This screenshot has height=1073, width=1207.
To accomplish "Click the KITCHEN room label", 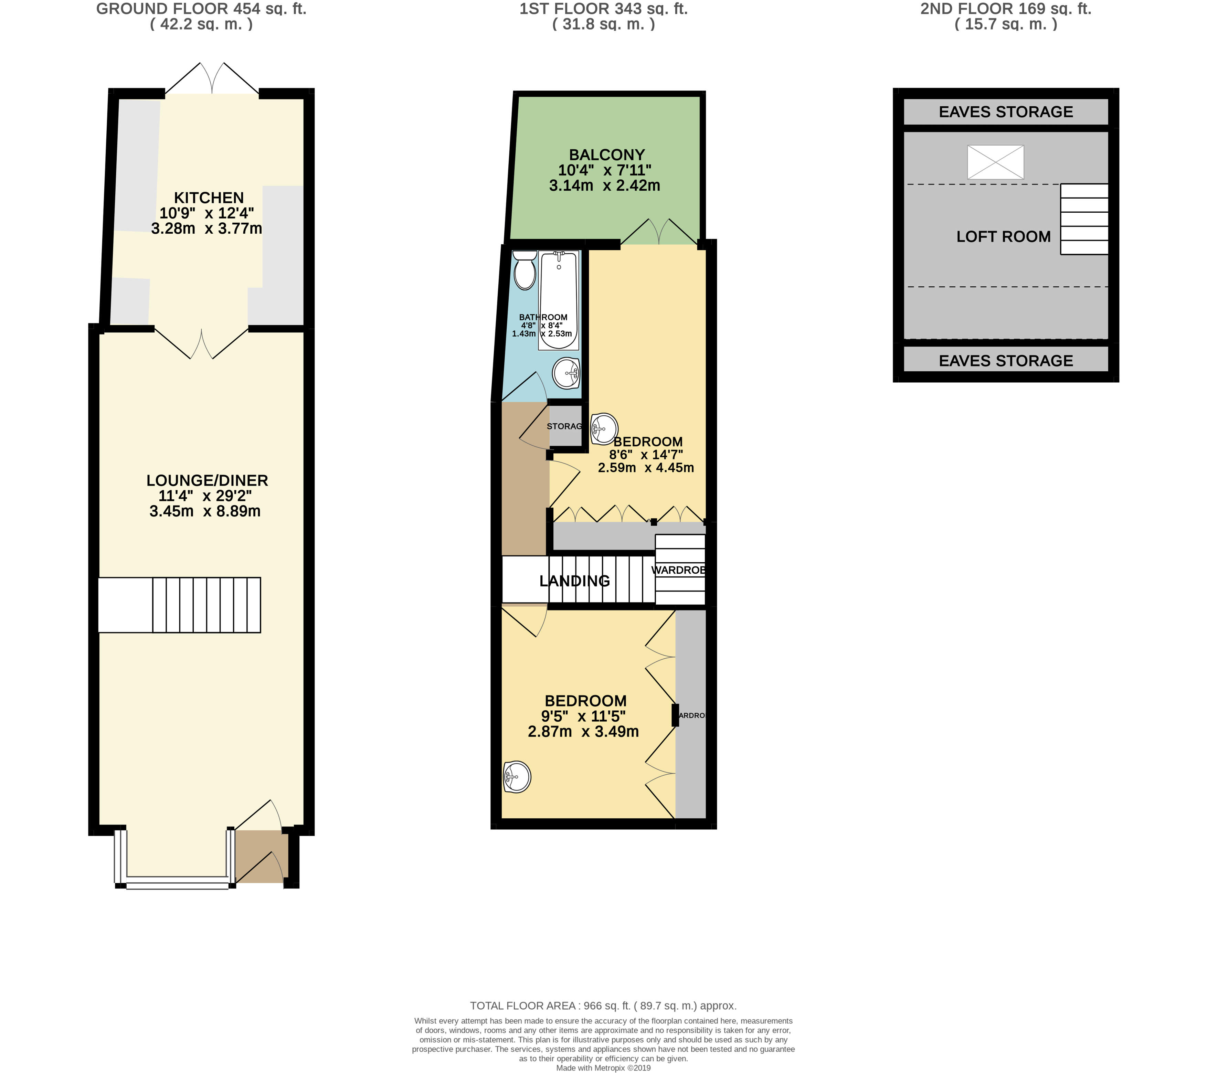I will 209,198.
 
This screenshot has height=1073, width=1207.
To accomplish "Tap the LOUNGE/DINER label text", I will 207,481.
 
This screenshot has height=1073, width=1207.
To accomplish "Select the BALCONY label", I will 606,155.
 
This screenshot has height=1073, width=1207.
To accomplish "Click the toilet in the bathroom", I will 525,270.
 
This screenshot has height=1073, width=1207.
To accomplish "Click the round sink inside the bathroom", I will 566,373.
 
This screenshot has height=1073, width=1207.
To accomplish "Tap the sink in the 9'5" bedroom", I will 517,777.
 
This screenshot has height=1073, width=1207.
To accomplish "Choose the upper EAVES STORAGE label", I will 1006,111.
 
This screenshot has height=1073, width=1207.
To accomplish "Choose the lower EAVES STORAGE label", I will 1006,361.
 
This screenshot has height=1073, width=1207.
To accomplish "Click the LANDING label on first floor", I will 574,581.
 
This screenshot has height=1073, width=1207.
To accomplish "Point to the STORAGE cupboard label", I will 564,426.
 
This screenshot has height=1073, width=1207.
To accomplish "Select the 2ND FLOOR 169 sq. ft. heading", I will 1006,9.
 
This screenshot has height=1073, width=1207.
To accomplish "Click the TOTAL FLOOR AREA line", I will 603,1006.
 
